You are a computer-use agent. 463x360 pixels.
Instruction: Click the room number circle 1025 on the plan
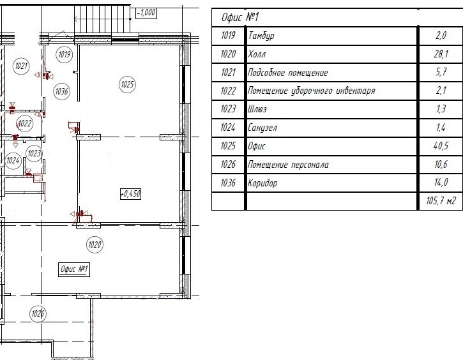[127, 84]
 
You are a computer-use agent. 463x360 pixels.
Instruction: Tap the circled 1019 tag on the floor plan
[64, 54]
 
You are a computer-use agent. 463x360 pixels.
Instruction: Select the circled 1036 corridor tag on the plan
[61, 91]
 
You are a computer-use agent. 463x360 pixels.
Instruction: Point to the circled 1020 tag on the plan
[95, 244]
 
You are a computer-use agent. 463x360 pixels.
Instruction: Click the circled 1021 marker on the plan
[21, 66]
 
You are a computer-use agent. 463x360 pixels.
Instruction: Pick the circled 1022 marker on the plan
[25, 123]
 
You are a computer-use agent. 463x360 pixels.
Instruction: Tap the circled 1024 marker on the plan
[13, 160]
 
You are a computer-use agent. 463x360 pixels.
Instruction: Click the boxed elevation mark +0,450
[130, 194]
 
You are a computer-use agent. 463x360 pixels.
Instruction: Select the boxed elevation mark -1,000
[146, 13]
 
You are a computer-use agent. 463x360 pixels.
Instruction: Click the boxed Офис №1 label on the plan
[74, 269]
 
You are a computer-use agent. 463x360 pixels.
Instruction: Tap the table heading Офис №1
[239, 17]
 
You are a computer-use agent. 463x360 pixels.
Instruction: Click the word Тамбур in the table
[261, 36]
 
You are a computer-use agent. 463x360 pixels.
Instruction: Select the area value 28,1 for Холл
[441, 54]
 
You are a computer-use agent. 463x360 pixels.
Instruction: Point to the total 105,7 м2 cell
[441, 201]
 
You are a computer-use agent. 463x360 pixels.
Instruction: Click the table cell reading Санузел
[262, 128]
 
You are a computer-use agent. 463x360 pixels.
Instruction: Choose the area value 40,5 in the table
[441, 146]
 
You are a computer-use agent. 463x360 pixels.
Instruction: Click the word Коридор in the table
[262, 183]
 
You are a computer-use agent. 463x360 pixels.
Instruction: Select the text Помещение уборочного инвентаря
[311, 91]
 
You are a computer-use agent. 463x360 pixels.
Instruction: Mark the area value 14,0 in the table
[441, 183]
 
